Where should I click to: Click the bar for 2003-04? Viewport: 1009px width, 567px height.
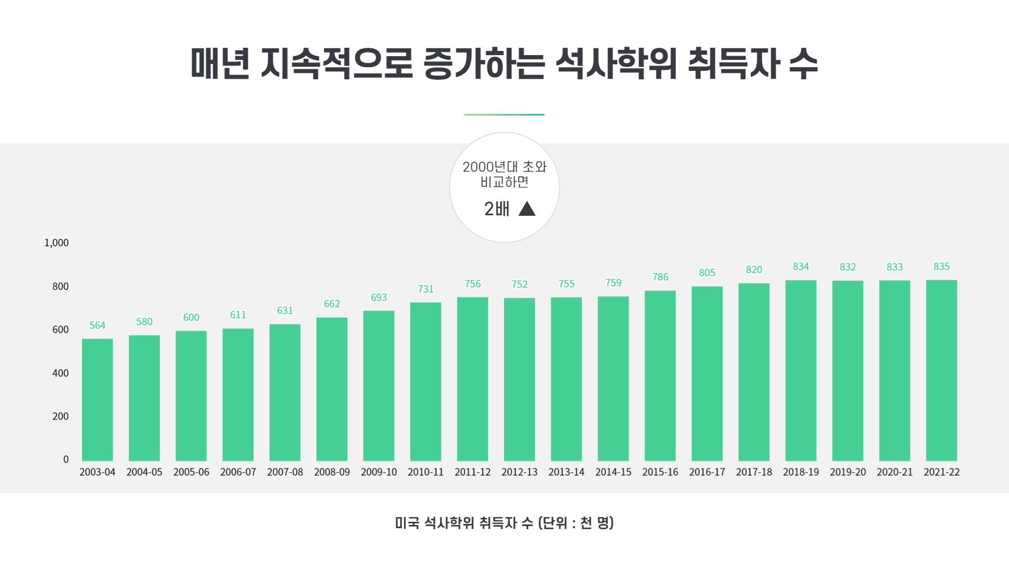97,400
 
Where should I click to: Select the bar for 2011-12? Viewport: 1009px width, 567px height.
472,379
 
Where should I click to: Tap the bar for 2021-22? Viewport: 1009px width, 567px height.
941,370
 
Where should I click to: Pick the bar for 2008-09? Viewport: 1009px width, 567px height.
332,389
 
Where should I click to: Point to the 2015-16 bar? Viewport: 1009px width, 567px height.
660,375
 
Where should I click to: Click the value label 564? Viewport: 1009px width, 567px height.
97,325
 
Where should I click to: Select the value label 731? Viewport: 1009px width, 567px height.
426,289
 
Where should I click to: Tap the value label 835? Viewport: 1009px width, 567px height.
941,267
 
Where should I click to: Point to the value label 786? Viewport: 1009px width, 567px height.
660,277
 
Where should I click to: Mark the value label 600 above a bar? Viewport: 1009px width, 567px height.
191,318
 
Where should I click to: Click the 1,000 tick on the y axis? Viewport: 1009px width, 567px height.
57,243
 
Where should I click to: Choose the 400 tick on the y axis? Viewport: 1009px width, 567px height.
60,373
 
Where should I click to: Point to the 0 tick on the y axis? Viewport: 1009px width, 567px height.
66,460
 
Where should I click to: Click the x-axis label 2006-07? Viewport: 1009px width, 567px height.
238,472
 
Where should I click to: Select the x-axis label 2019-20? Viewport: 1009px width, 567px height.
848,472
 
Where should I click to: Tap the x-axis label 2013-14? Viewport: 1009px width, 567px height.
567,472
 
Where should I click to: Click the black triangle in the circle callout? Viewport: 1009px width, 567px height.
527,209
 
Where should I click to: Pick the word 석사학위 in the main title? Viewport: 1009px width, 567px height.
616,64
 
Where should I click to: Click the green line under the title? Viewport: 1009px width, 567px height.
504,114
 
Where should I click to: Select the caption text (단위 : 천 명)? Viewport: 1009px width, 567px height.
576,523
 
